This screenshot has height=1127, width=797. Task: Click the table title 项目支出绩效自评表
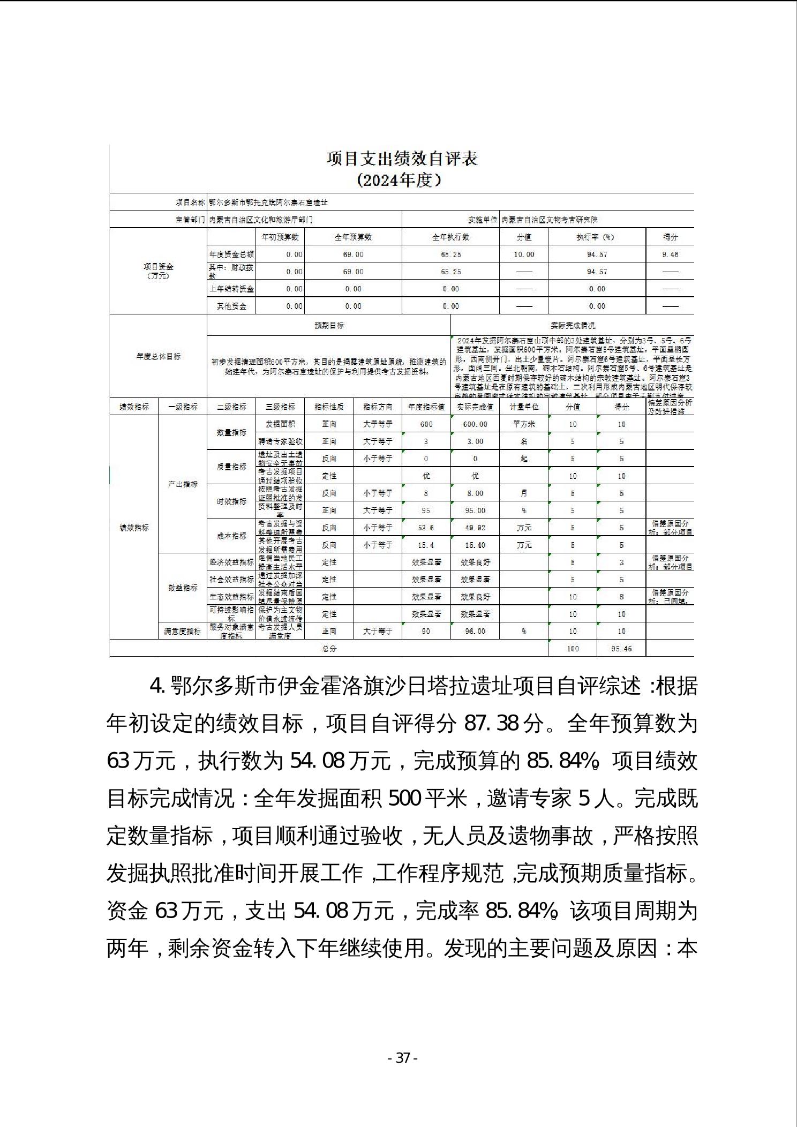pyautogui.click(x=402, y=159)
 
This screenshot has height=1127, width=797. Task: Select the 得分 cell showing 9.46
pyautogui.click(x=670, y=254)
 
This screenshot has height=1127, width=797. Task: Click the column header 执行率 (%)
pyautogui.click(x=597, y=237)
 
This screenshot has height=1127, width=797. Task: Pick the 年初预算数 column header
pyautogui.click(x=280, y=237)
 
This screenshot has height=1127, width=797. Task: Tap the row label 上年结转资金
pyautogui.click(x=231, y=289)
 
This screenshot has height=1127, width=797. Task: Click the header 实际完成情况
pyautogui.click(x=573, y=325)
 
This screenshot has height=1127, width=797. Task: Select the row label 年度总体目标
pyautogui.click(x=159, y=356)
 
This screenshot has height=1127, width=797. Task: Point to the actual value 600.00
pyautogui.click(x=475, y=424)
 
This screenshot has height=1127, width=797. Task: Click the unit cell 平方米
pyautogui.click(x=524, y=424)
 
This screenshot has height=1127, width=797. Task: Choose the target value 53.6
pyautogui.click(x=426, y=528)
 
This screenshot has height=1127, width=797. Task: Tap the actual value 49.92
pyautogui.click(x=475, y=528)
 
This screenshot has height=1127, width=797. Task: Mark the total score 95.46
pyautogui.click(x=621, y=649)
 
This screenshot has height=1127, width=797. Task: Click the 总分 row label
pyautogui.click(x=329, y=649)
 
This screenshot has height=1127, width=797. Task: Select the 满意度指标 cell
pyautogui.click(x=183, y=632)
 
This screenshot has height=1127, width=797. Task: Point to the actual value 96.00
pyautogui.click(x=475, y=632)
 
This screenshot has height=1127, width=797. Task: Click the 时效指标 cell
pyautogui.click(x=231, y=501)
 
